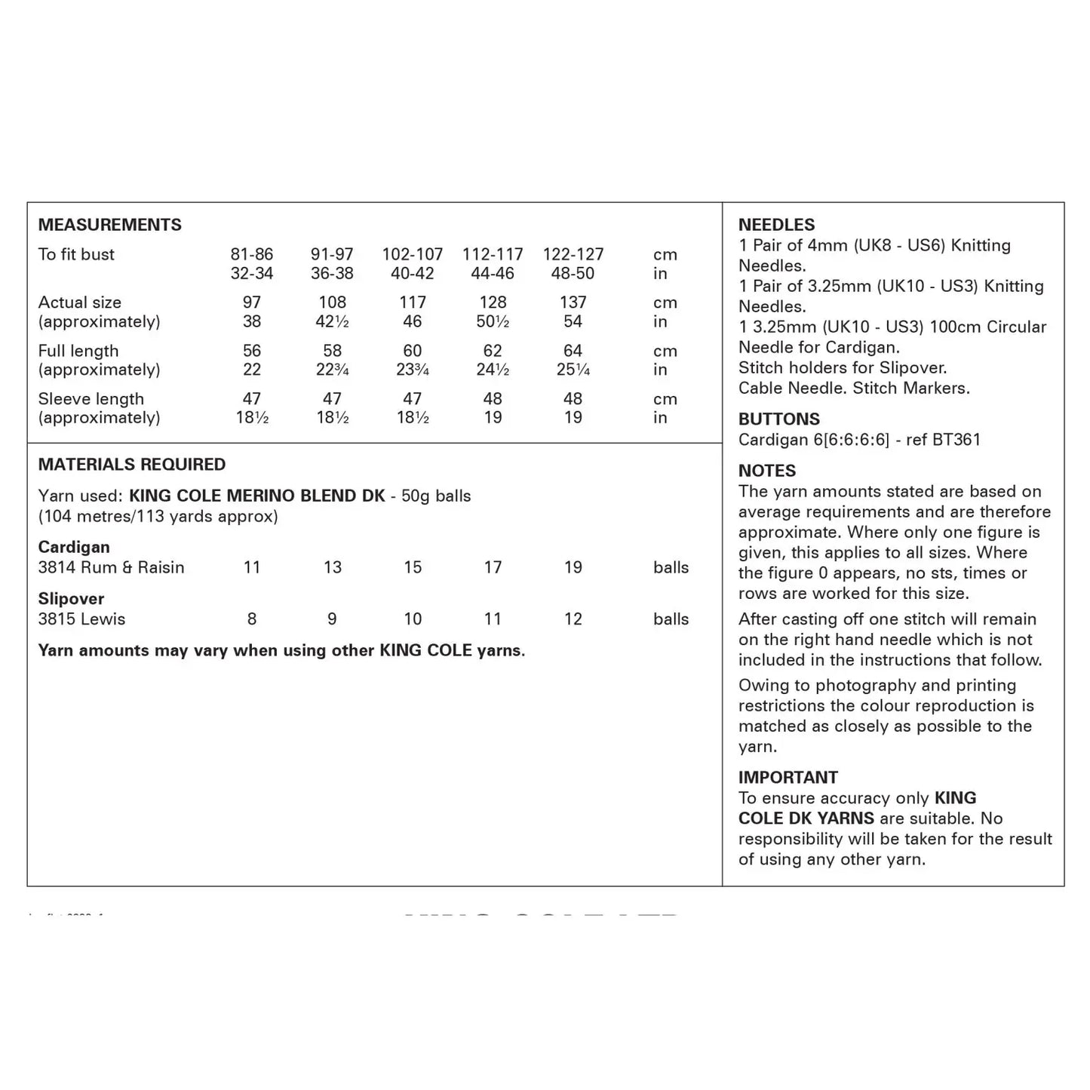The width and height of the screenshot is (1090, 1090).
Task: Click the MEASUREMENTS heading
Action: coord(109,225)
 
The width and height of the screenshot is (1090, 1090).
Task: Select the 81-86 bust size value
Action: coord(252,254)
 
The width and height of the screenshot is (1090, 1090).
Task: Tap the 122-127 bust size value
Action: coord(573,254)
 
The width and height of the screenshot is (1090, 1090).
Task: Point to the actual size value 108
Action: coord(332,302)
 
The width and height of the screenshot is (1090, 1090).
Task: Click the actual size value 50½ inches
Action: coord(493,321)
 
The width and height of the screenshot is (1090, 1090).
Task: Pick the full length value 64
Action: coord(573,351)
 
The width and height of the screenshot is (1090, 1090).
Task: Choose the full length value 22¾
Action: coord(332,370)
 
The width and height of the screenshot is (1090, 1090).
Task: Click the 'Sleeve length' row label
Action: coord(91,399)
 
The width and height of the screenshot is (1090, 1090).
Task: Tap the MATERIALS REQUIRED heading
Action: coord(132,465)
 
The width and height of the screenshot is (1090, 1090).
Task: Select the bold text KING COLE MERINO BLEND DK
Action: coord(257,496)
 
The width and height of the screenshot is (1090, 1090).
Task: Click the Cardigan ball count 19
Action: coord(573,567)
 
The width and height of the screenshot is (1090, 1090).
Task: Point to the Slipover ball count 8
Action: coord(252,619)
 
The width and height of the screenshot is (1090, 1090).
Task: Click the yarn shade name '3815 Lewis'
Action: coord(81,619)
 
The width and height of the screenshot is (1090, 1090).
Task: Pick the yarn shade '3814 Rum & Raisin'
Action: coord(111,567)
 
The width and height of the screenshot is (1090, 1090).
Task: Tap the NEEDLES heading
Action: coord(776,225)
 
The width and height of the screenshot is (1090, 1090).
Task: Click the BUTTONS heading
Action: coord(778,419)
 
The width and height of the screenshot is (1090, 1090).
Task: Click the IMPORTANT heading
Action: coord(788,778)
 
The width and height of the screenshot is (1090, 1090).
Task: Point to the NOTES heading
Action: coord(766,471)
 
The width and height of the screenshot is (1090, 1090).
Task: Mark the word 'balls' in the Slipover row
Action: coord(671,619)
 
